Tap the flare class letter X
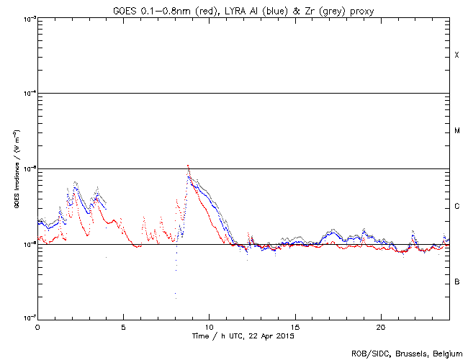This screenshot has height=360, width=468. coord(456,55)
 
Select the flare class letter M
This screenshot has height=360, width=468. coord(456,131)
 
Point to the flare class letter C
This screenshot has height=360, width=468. coord(456,207)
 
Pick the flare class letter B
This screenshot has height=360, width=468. coord(456,282)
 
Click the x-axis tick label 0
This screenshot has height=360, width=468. coord(37,327)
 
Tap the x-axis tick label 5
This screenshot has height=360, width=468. coord(123,327)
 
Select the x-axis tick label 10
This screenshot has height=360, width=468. coord(209,327)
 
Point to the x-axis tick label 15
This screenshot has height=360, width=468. coord(294,327)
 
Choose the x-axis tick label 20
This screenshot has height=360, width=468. coord(380,327)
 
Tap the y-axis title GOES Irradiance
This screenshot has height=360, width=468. coord(15,170)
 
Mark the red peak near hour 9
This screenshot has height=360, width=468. coord(188,166)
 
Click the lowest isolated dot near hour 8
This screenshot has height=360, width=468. coord(175,294)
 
